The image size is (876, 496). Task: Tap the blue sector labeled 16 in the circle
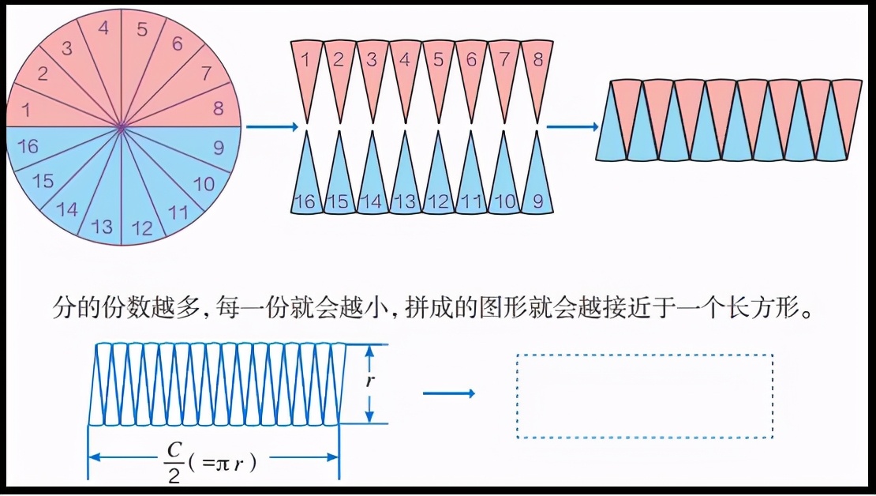pos(28,146)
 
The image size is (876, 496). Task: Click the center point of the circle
pos(122,126)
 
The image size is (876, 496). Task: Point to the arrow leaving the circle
pos(271,126)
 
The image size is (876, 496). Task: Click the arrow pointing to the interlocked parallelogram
pos(572,126)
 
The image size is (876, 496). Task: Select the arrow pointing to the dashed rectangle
pos(448,393)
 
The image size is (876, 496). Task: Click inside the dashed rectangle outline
pos(644,396)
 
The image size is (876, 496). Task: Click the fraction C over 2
pos(174,460)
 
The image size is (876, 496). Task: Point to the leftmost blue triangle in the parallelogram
pos(612,134)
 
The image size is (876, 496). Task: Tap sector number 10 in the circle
pos(203,183)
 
